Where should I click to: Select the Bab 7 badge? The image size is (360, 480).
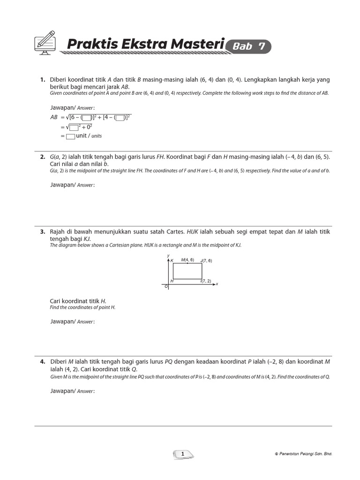[248, 46]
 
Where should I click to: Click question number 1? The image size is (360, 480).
[42, 80]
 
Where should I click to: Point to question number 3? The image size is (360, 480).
[42, 232]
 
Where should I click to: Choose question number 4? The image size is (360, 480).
[42, 361]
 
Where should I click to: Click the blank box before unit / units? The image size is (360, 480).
[70, 136]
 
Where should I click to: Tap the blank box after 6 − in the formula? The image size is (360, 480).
[86, 118]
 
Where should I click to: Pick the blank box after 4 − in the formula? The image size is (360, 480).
[120, 118]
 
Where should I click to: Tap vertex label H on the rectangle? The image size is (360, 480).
[172, 280]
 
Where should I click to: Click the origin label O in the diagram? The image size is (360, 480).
[165, 286]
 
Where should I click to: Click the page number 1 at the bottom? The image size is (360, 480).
[183, 454]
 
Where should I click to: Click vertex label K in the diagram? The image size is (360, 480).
[172, 261]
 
